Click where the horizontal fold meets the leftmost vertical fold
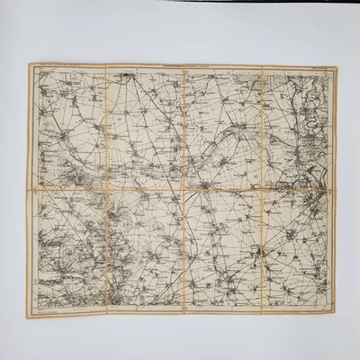click(x=105, y=190)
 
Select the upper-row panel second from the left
click(x=145, y=127)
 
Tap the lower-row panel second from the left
click(x=145, y=253)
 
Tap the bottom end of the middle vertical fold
click(x=184, y=315)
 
